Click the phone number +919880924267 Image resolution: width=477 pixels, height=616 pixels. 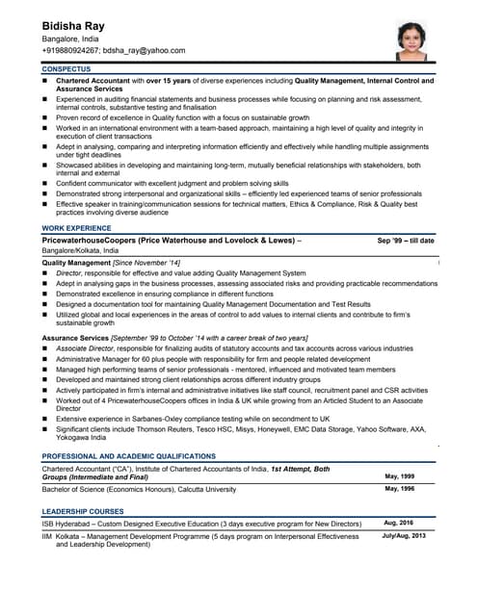click(70, 50)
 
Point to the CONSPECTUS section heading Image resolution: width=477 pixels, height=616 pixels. click(66, 70)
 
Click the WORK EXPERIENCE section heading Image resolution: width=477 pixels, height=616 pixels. click(76, 228)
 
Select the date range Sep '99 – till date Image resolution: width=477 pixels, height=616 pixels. click(405, 241)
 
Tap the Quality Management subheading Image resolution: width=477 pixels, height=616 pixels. click(77, 263)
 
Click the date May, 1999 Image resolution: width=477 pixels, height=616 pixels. click(400, 476)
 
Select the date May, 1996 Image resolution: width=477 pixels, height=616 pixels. click(400, 489)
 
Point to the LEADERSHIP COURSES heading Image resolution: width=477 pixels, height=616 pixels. click(83, 511)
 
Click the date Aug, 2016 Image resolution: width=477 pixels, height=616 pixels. click(400, 524)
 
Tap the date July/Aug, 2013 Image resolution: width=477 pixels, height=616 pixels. click(404, 535)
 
